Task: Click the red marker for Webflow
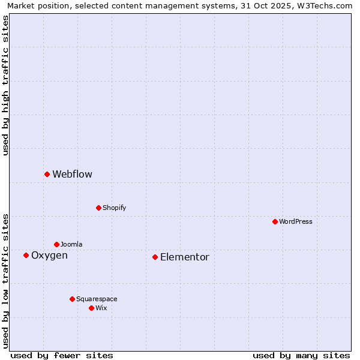tap(47, 174)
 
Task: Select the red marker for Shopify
tap(98, 208)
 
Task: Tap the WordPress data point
tap(275, 221)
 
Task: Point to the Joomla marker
tap(56, 244)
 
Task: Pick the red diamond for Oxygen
tap(26, 255)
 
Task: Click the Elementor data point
tap(155, 257)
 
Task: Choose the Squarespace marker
tap(72, 299)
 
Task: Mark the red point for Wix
tap(91, 308)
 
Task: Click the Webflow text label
tap(72, 174)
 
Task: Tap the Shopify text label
tap(114, 208)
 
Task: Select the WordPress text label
tap(295, 221)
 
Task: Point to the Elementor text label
tap(184, 257)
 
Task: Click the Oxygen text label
tap(49, 255)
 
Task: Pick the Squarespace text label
tap(97, 299)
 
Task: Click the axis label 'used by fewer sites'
tap(62, 355)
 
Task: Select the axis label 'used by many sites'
tap(301, 355)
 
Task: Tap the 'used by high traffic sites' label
tap(5, 85)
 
